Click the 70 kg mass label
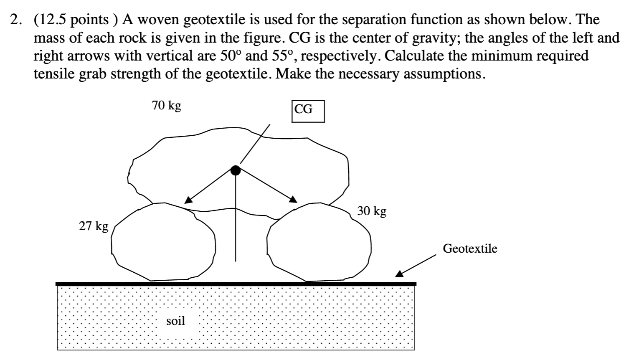(x=166, y=105)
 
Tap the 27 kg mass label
(x=94, y=226)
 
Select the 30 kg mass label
(x=372, y=211)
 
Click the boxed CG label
(x=308, y=110)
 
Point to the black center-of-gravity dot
(x=236, y=170)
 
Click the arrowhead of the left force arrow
(x=188, y=200)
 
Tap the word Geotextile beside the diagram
(x=470, y=248)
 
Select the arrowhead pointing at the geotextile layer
(x=400, y=274)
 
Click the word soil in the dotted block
(x=175, y=321)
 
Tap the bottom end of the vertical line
(x=236, y=261)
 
